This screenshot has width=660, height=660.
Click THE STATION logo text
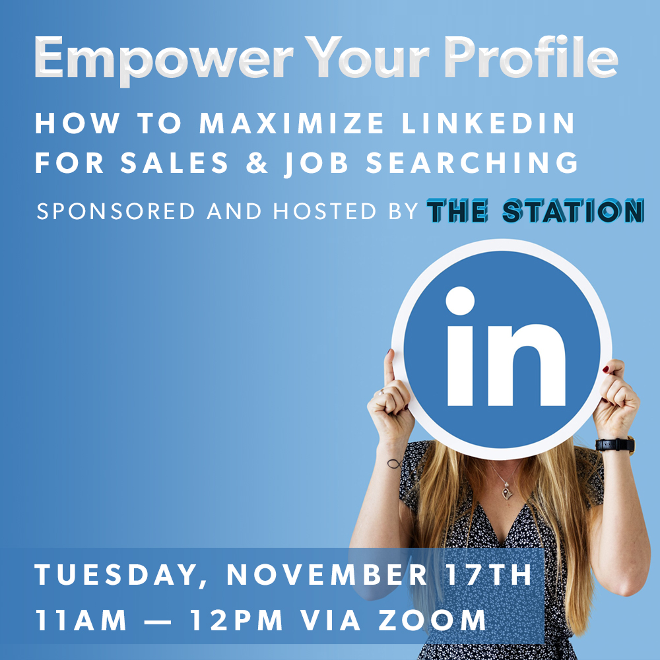[535, 211]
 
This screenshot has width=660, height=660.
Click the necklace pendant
[506, 492]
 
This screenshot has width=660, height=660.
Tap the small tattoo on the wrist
[394, 463]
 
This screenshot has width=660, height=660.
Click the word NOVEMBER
[327, 576]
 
